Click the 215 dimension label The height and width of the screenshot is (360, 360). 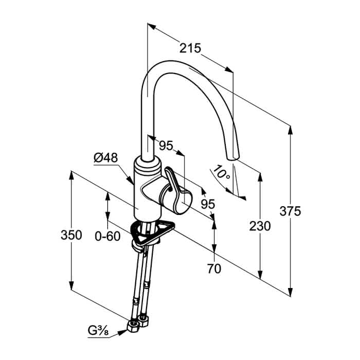tap(190, 48)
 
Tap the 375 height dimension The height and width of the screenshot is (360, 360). tap(290, 211)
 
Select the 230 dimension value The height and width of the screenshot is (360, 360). tap(260, 226)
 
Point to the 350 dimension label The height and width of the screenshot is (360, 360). tap(71, 235)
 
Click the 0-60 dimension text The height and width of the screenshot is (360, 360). tap(107, 236)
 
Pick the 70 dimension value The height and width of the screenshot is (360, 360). tap(214, 268)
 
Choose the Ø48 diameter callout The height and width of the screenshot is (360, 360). tap(105, 158)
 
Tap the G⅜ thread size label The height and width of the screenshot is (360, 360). tap(98, 331)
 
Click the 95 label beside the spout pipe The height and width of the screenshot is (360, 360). tap(166, 146)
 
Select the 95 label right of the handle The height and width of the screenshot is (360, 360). tap(208, 204)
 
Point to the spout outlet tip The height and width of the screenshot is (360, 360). tap(233, 158)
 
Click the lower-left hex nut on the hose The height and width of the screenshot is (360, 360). tap(133, 326)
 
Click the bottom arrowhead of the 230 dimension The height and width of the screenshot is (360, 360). tap(260, 274)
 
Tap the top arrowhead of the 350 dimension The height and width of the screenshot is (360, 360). tap(71, 176)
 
